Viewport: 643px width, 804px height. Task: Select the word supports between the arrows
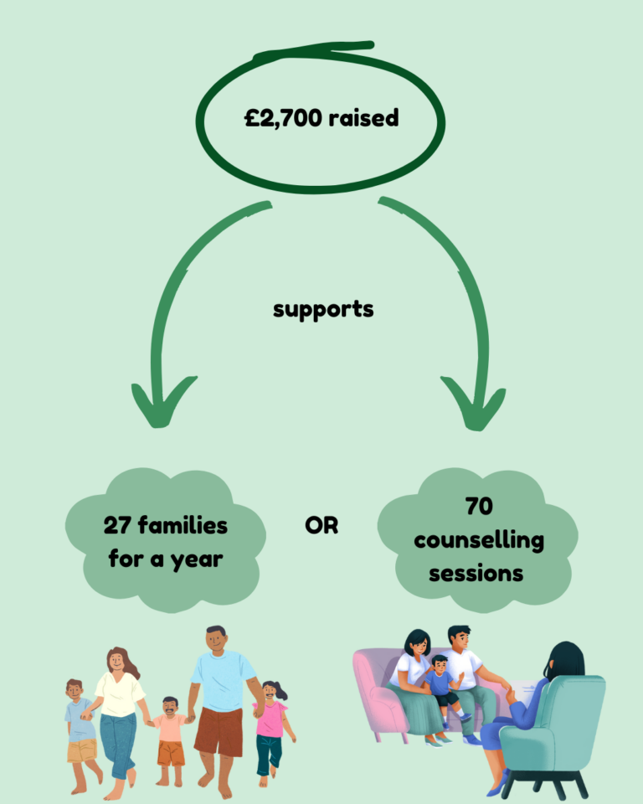click(323, 309)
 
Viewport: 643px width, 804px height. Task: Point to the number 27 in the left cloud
click(117, 526)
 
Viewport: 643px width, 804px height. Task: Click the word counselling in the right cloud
click(478, 540)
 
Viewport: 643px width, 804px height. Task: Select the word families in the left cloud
click(183, 526)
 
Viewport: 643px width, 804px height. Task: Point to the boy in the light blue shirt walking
click(80, 729)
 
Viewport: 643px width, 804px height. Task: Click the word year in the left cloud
click(197, 559)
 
